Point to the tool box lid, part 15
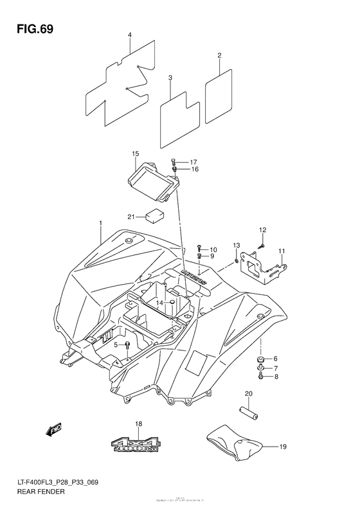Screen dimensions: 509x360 (x=153, y=180)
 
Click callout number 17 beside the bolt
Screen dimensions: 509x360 (x=194, y=162)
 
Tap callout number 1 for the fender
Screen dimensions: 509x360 (x=100, y=222)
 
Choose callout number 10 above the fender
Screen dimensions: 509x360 (x=213, y=249)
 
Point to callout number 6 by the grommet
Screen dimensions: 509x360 (x=275, y=359)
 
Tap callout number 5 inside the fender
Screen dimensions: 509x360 (x=116, y=345)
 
